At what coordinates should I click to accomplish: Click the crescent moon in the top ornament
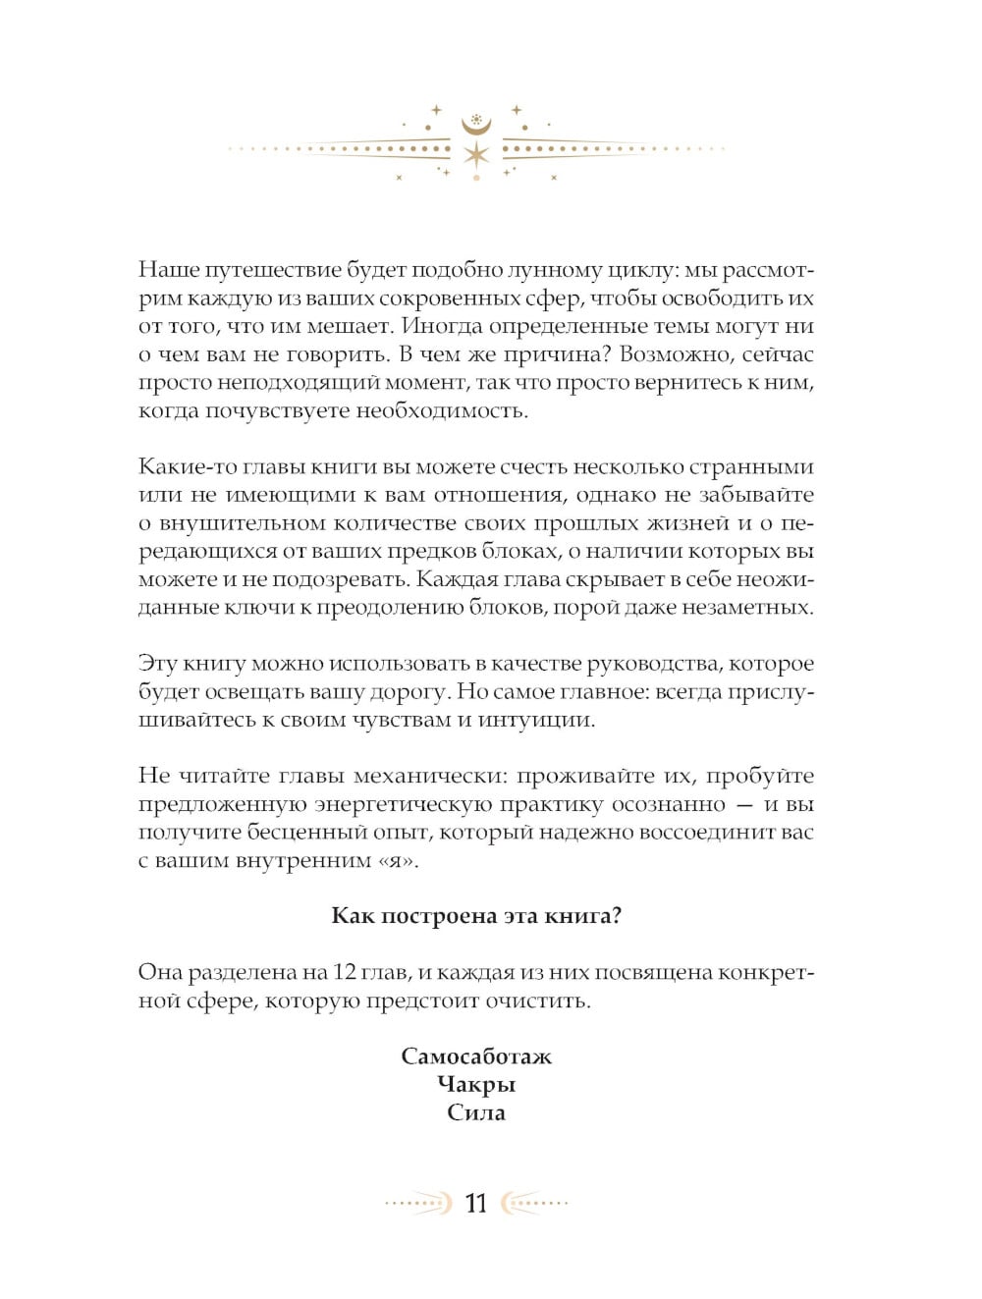coord(476,126)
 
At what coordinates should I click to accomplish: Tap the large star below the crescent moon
coord(476,154)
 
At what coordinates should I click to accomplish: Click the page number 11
coord(476,1204)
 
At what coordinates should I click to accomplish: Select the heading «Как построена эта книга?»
coord(476,916)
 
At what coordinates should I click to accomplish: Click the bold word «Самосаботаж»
coord(476,1056)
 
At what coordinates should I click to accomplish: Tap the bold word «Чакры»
coord(476,1085)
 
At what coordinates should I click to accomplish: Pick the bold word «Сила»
coord(476,1113)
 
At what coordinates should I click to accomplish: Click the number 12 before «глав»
coord(345,972)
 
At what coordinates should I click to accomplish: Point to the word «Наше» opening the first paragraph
coord(169,270)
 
